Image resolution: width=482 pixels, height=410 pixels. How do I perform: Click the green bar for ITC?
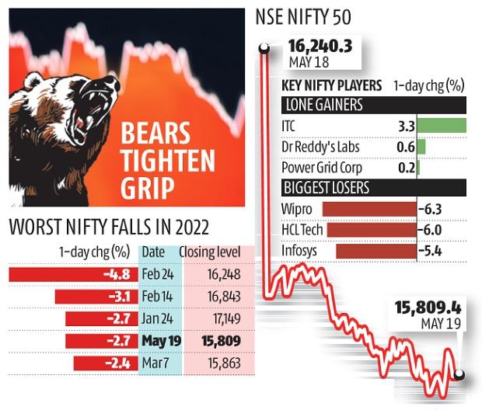441,124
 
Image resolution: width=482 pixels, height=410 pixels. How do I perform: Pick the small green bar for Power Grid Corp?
418,167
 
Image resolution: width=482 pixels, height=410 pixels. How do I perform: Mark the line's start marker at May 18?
265,50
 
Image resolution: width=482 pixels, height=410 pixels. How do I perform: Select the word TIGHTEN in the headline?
167,161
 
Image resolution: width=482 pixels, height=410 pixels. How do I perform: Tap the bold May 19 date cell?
158,341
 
